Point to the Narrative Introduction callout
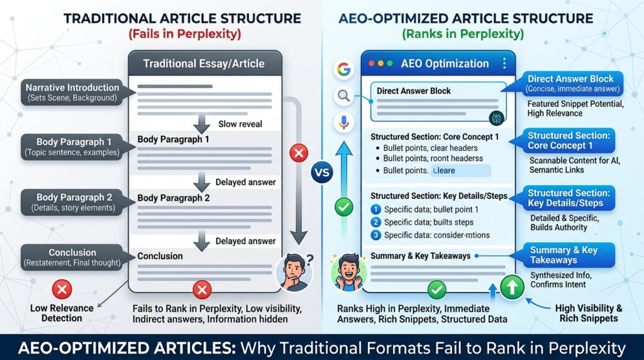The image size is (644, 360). coord(72,93)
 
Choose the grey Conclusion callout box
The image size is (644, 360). coord(72,257)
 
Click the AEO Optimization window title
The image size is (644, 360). coord(445,64)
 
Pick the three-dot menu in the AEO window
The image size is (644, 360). coord(504,64)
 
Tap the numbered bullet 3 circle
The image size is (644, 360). coord(376,235)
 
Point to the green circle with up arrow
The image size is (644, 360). coord(513,287)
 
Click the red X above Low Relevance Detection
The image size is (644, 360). coord(62,290)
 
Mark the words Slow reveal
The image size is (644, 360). coord(239,124)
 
